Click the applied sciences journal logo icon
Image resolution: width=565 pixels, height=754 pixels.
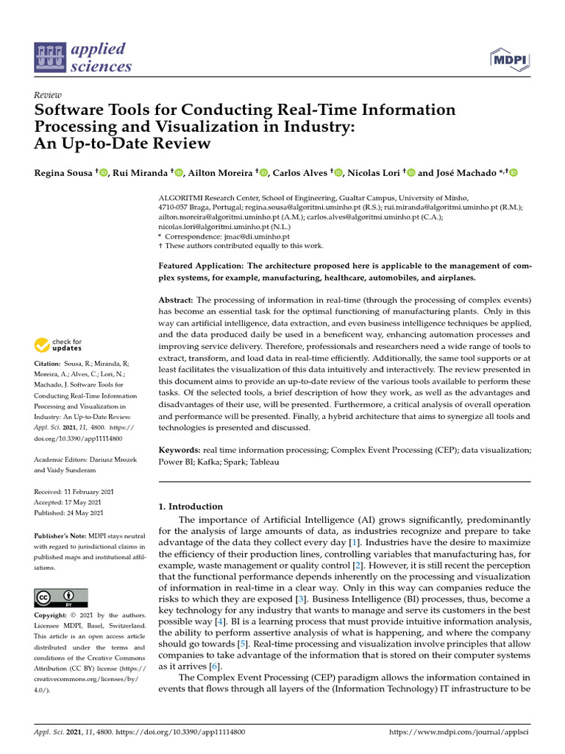click(x=50, y=58)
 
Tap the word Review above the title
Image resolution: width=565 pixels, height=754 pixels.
click(x=49, y=95)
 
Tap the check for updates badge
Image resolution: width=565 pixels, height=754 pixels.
click(x=59, y=345)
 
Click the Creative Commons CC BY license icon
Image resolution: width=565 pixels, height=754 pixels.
click(x=61, y=597)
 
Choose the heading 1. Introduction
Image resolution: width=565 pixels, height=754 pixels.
click(x=191, y=507)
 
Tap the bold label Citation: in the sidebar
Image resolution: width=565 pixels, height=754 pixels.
click(x=48, y=364)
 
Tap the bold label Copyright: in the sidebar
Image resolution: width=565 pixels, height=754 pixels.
click(x=51, y=615)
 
